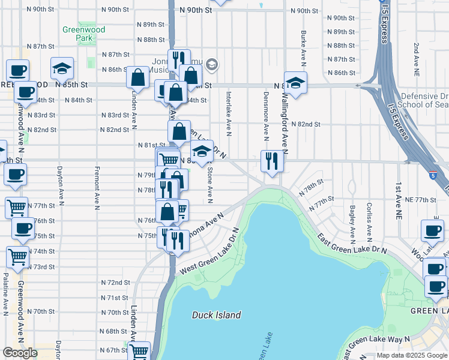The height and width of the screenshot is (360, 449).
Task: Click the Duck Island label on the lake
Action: (216, 315)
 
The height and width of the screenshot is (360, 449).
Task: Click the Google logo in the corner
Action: (20, 353)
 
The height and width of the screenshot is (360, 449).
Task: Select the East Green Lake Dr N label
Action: (351, 243)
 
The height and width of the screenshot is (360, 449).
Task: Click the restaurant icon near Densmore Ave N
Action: (272, 161)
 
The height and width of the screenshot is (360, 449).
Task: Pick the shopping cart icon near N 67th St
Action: (139, 351)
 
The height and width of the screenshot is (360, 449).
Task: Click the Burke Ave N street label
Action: (304, 41)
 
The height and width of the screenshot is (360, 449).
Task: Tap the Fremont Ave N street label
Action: (97, 187)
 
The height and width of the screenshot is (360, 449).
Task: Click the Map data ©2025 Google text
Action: (411, 355)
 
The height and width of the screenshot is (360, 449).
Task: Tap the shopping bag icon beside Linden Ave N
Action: (138, 78)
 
